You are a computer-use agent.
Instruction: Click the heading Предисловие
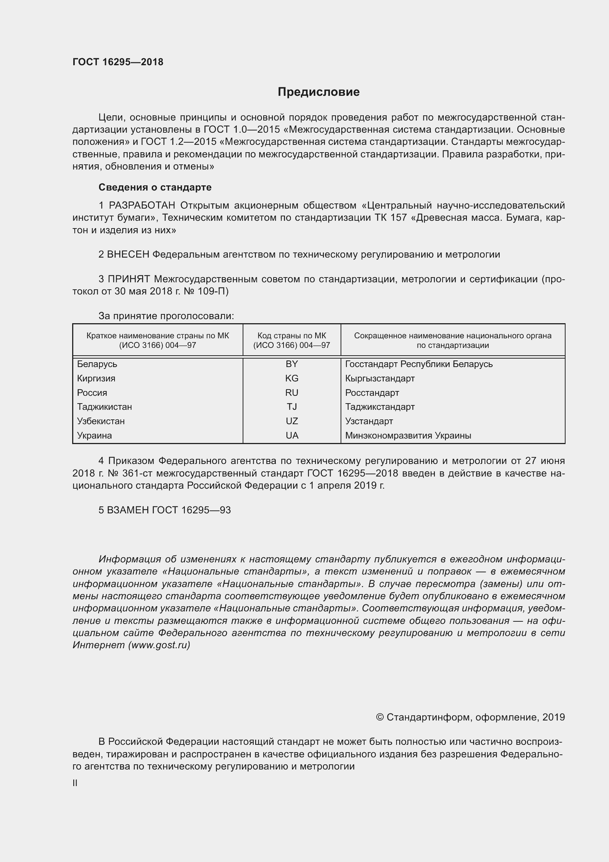point(318,92)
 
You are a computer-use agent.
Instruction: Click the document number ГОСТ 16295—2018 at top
point(118,62)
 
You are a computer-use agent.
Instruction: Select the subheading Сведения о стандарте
point(155,187)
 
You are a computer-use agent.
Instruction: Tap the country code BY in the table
point(291,364)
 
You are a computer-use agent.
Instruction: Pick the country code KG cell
point(291,378)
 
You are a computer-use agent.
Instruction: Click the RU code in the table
point(291,393)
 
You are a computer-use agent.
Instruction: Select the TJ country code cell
point(291,406)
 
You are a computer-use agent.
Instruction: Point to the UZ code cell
point(291,421)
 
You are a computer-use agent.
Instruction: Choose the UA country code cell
point(291,436)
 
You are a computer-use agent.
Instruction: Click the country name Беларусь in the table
point(97,364)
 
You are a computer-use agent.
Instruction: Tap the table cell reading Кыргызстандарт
point(380,378)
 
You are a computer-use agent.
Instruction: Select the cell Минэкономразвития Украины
point(408,436)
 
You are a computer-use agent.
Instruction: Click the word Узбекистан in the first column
point(101,421)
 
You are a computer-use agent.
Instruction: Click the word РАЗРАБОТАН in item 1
point(142,205)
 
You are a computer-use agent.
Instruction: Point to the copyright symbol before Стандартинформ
point(380,718)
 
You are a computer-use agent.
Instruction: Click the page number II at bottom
point(75,780)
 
